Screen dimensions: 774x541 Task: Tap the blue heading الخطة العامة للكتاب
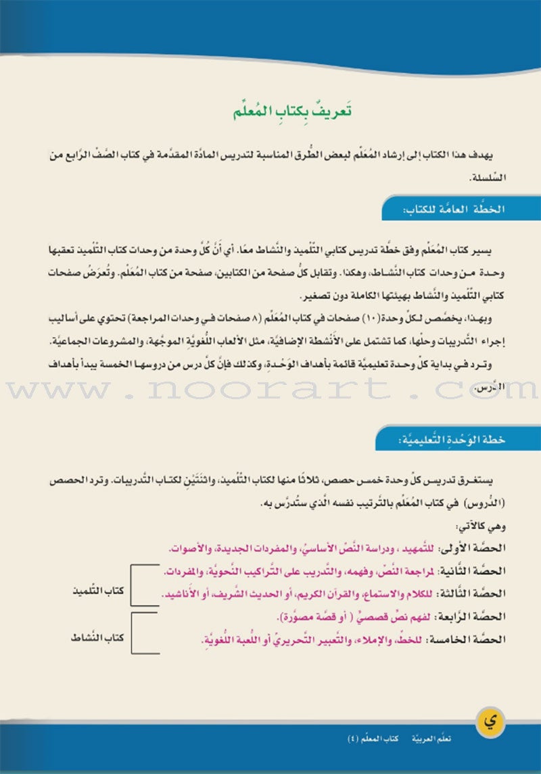pos(461,210)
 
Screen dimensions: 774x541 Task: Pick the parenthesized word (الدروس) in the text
pos(507,504)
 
